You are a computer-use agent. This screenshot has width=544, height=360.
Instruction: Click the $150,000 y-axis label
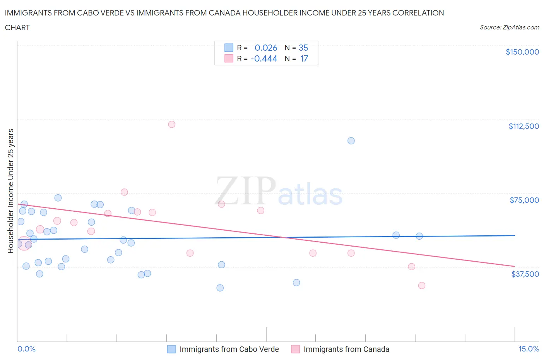522,52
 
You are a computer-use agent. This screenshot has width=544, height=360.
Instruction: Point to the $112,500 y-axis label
523,126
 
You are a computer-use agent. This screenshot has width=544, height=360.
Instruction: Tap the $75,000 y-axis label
524,200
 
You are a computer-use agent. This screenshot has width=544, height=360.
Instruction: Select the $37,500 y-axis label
525,274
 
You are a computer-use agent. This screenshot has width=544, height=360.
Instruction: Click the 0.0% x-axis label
26,349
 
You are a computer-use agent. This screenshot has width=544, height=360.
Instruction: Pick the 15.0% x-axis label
529,349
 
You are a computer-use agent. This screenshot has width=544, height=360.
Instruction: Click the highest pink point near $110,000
171,124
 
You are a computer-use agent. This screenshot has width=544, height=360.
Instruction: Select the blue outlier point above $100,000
351,141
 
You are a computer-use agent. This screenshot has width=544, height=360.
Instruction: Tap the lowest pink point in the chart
422,285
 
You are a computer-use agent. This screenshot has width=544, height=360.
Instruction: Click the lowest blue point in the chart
220,288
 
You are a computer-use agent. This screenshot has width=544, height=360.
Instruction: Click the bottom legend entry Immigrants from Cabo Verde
229,349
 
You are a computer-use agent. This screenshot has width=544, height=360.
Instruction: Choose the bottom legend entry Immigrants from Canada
346,349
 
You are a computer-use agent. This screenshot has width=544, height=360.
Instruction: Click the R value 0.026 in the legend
266,48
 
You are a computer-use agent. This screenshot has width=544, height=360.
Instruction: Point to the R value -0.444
264,58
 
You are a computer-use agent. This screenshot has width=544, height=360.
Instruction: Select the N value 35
303,48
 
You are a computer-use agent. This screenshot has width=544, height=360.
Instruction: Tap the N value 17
304,58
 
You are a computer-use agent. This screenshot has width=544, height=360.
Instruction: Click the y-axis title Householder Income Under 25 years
10,191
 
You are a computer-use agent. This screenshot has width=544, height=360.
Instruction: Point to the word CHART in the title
17,27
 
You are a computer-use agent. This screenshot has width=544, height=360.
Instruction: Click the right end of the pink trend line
515,266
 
